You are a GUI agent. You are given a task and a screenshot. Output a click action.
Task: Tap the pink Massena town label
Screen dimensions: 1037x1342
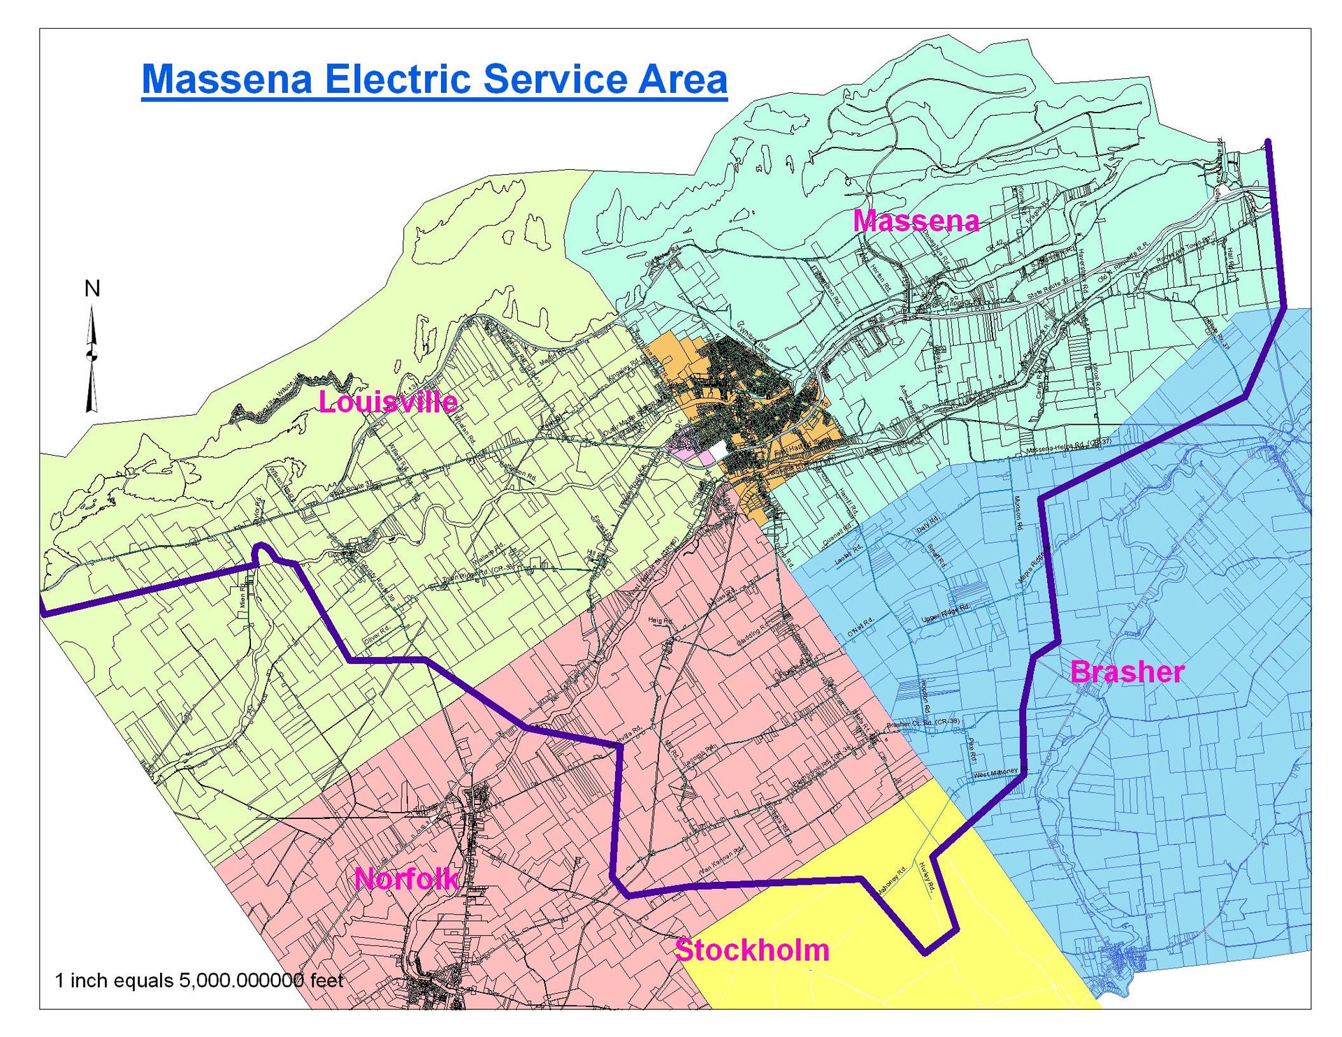point(916,221)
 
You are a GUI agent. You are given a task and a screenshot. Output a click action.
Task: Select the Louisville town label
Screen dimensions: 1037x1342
point(388,402)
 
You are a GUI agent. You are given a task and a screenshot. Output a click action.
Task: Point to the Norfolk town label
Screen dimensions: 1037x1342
point(406,878)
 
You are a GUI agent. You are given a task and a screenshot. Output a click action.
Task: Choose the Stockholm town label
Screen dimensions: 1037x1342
point(752,950)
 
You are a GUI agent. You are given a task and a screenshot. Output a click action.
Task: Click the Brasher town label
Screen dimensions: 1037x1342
point(1127,672)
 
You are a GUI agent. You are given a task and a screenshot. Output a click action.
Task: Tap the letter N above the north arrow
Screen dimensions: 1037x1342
point(92,288)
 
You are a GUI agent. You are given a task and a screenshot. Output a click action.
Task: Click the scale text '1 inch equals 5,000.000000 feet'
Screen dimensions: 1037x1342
point(199,980)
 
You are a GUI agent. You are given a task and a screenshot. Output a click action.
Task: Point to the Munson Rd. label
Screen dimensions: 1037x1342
point(1018,513)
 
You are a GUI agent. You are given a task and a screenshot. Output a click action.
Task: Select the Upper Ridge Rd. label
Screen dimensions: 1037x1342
point(945,613)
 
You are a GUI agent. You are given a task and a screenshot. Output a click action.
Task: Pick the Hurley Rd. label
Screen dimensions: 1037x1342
point(927,876)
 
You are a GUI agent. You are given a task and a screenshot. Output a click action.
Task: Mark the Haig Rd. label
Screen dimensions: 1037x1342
point(660,621)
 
